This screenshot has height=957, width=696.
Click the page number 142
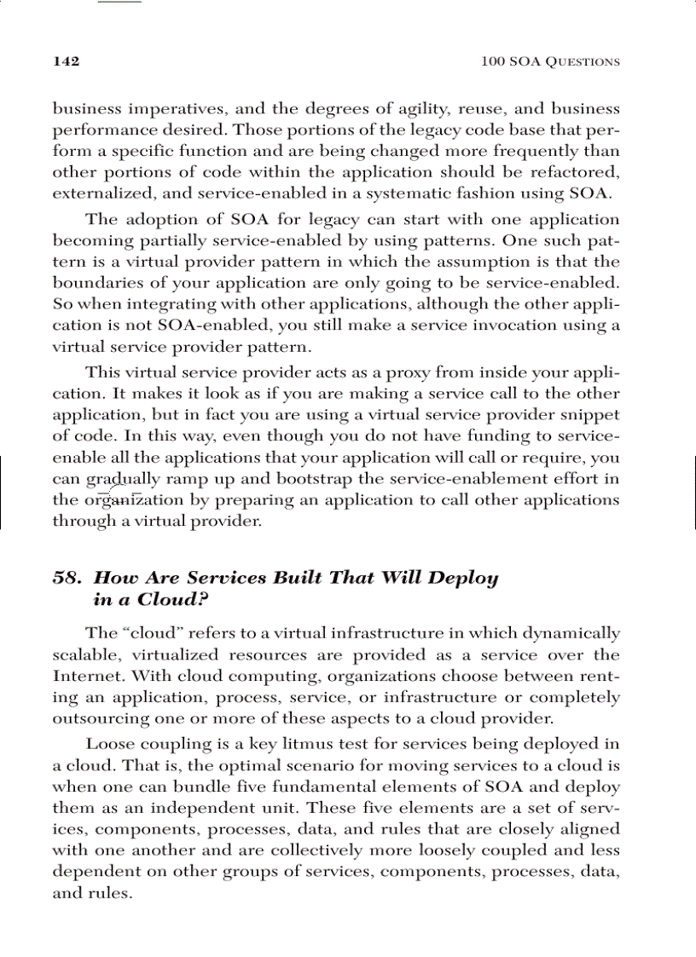click(x=67, y=61)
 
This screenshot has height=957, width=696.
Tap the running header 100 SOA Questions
click(x=550, y=61)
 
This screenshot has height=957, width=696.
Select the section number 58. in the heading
click(x=67, y=578)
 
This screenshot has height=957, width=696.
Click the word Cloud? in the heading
click(x=173, y=599)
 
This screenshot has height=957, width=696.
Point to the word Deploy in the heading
click(x=463, y=578)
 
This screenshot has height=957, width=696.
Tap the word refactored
click(x=576, y=173)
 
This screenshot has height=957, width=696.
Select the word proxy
click(x=405, y=373)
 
